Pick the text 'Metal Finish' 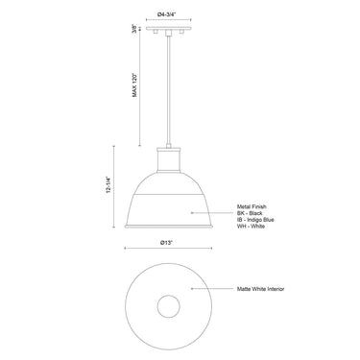[x=252, y=205]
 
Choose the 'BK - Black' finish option [x=250, y=212]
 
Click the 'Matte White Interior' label [x=261, y=288]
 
